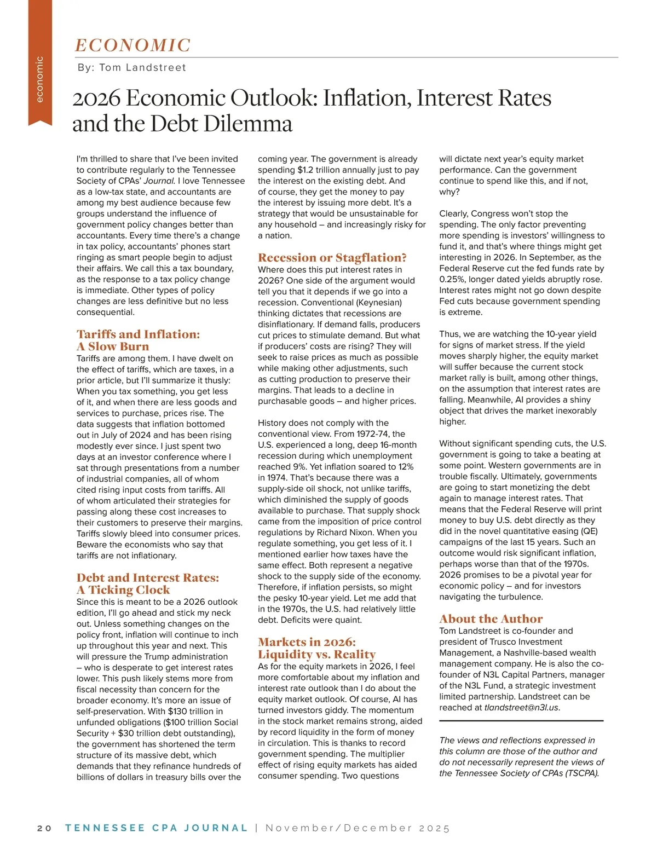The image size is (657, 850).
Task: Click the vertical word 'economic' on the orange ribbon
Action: pos(39,79)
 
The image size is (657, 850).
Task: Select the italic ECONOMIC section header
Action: pos(132,45)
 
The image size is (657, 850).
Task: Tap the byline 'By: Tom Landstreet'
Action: pos(131,67)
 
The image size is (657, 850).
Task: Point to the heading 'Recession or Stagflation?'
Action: pos(332,257)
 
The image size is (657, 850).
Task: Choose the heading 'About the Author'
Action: pos(491,618)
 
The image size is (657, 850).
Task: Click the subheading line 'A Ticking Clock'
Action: pos(123,589)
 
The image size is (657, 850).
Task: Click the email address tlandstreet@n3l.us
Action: pos(521,707)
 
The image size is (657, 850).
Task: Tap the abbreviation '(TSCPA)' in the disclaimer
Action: pos(580,773)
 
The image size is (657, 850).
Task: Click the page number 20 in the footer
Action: pos(44,828)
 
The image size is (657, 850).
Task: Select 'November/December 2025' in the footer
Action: pos(357,828)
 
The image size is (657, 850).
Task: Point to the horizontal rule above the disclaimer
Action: pos(521,721)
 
